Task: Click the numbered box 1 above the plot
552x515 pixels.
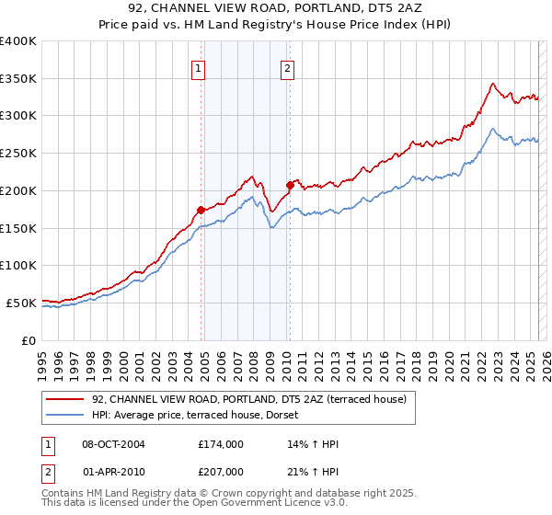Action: pos(199,67)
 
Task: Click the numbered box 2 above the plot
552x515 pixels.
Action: pos(287,67)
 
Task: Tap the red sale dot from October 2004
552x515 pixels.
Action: pos(201,210)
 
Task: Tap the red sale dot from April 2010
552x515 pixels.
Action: pos(290,185)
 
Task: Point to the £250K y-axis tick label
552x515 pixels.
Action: pos(18,154)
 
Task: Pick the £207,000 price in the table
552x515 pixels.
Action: pos(220,472)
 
